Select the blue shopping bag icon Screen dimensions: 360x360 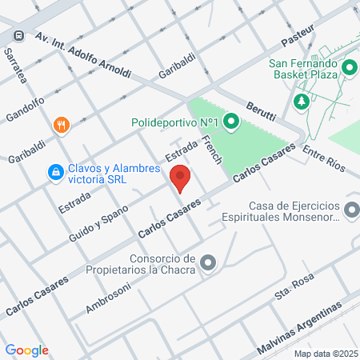55,171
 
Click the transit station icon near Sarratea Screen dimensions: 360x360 17,36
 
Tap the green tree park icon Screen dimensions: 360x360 302,101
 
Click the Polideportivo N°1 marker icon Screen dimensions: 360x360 231,122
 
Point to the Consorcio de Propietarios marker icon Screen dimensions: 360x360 209,262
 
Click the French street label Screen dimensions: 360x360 212,150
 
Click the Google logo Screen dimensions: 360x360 26,350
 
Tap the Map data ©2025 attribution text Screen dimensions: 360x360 325,354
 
